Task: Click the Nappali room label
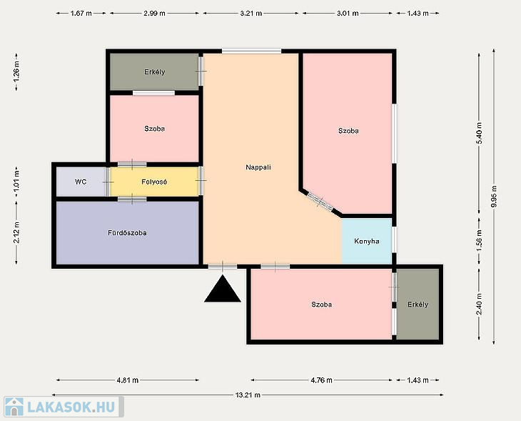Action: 258,167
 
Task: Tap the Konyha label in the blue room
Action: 367,241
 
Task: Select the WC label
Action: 81,182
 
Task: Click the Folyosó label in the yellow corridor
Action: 154,182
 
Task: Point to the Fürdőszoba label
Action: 127,232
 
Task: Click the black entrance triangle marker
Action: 222,289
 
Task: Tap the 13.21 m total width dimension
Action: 248,395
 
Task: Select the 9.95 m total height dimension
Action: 494,197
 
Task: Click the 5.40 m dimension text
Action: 479,133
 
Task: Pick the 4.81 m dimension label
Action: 128,380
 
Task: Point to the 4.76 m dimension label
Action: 321,380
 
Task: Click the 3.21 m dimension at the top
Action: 251,14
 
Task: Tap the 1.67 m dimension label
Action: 81,14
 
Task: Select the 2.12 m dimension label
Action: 16,232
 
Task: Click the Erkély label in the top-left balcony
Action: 154,72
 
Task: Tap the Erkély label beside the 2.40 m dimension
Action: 418,304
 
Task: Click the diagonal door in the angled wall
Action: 320,202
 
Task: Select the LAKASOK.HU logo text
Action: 71,407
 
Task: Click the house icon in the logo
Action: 14,407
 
